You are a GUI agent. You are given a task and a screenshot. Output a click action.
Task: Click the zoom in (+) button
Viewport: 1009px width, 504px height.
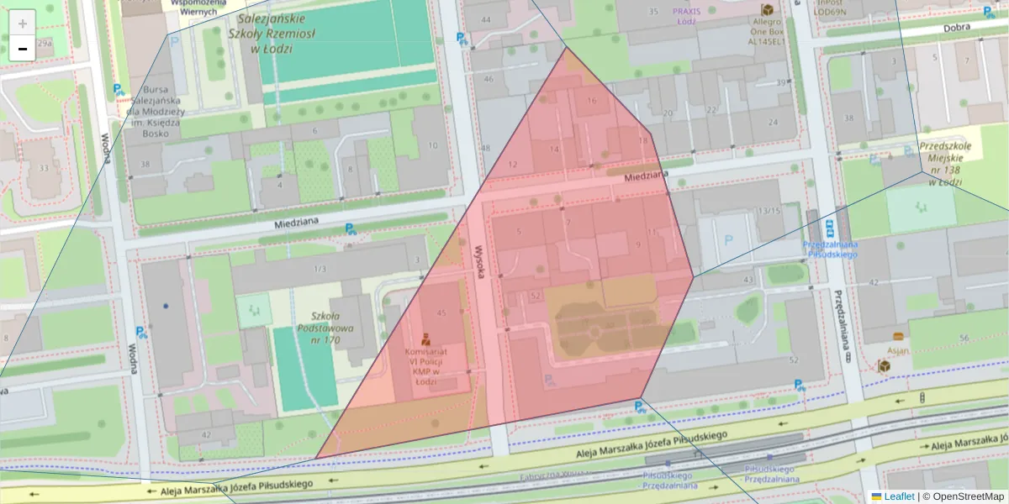tap(23, 23)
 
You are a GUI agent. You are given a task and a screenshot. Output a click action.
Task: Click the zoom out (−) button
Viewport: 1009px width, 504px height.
tap(23, 49)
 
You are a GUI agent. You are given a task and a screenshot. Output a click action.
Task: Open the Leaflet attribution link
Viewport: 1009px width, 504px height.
tap(899, 496)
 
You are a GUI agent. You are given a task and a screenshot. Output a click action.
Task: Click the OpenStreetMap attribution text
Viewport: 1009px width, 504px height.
tap(963, 496)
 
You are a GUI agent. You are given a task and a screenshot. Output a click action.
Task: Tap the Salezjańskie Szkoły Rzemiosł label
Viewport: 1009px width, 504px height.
tap(271, 33)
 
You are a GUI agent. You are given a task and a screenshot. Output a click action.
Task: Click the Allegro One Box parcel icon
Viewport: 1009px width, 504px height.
tap(767, 9)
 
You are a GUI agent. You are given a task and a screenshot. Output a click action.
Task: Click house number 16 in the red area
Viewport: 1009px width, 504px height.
tap(592, 101)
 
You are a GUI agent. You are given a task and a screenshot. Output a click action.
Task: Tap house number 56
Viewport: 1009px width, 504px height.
tap(963, 338)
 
